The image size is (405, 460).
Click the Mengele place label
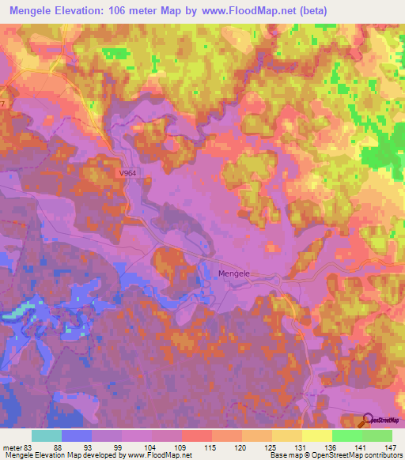tap(233, 273)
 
